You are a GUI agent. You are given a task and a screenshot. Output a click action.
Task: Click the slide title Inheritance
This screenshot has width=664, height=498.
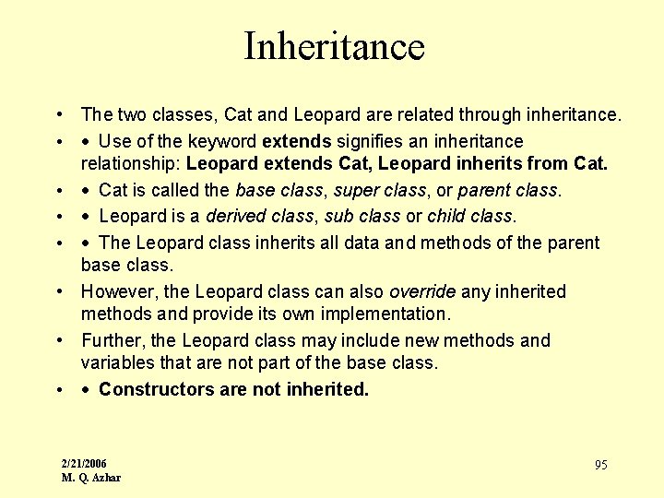(333, 46)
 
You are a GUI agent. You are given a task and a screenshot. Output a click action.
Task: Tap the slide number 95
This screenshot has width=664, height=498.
(600, 465)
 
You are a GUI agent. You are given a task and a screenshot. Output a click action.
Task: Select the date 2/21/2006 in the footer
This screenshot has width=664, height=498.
(84, 463)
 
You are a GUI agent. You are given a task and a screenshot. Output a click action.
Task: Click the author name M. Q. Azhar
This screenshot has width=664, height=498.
(90, 478)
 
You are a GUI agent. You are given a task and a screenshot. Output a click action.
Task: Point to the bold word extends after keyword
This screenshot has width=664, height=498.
(297, 141)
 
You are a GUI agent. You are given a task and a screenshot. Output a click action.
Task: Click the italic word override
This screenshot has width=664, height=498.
(424, 291)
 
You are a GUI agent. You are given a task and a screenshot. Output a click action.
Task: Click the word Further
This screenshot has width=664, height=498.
(110, 340)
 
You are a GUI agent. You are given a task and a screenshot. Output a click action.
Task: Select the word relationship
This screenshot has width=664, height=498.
(129, 164)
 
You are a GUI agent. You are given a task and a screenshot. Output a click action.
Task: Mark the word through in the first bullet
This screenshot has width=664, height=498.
(489, 115)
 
